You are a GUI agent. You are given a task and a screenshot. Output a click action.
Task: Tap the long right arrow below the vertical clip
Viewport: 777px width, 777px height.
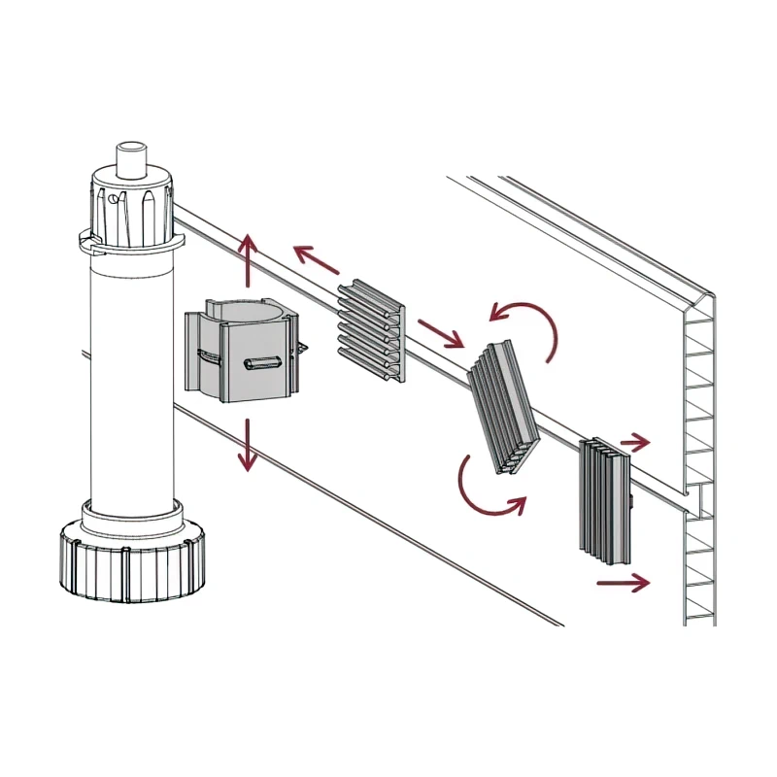(x=623, y=583)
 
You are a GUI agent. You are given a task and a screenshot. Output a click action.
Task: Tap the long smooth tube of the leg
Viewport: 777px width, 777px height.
(x=130, y=379)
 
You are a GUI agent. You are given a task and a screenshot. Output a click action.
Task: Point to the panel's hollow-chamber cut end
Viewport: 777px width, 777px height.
(x=700, y=456)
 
